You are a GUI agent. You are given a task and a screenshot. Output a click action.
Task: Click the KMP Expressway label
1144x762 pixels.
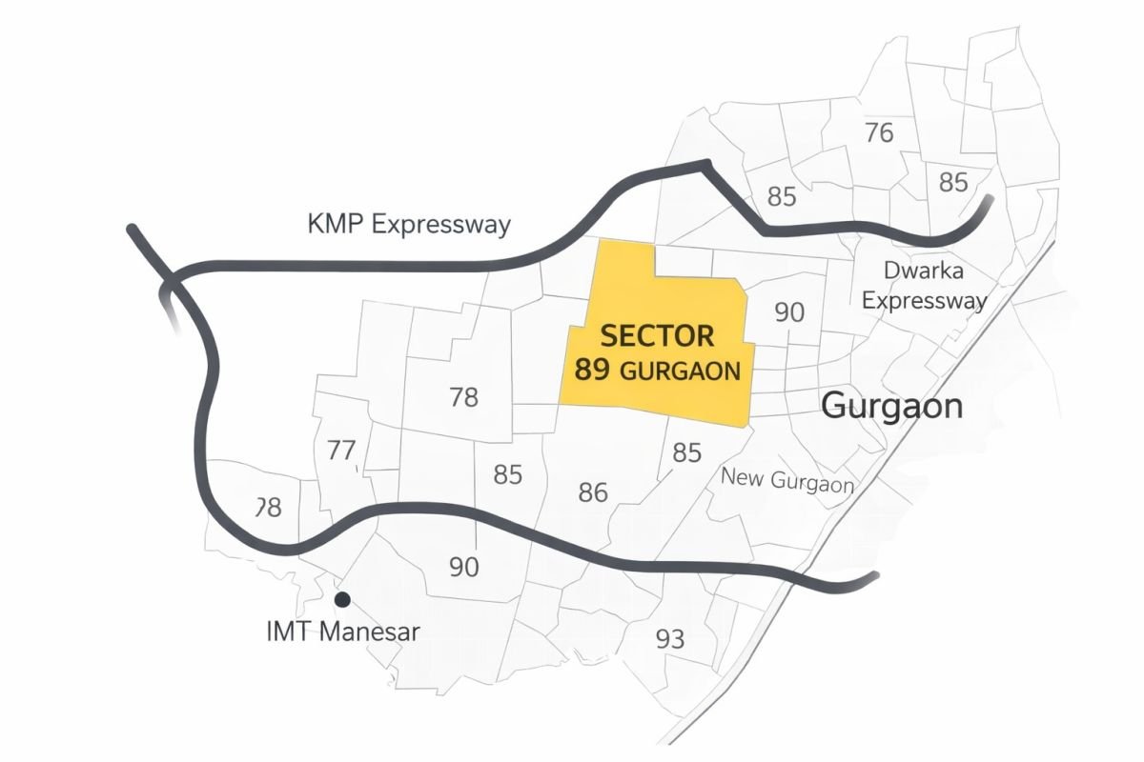409,225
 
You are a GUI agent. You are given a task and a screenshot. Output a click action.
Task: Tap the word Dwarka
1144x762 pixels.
923,270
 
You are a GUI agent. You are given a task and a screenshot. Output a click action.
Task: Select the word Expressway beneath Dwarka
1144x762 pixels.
924,301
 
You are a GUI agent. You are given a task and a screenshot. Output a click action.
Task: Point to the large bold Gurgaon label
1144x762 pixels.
891,407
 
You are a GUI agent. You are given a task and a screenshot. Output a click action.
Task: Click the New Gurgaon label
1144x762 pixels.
786,479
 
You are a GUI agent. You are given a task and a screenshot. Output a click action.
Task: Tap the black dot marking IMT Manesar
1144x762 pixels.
341,599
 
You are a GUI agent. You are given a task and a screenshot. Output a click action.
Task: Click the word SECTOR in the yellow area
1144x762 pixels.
657,336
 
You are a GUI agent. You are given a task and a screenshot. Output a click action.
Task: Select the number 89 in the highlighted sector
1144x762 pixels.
592,370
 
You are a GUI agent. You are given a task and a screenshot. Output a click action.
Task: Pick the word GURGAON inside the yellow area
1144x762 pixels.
680,371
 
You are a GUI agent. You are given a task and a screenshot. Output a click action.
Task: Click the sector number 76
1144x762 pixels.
879,132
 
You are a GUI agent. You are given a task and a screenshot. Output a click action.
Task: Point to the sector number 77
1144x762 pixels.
341,451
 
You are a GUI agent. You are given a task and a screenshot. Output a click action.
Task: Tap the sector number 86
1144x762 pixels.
593,492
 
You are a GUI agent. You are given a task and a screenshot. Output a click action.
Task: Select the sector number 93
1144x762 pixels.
670,639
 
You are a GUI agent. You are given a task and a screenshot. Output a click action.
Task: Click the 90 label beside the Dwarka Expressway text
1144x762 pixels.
789,312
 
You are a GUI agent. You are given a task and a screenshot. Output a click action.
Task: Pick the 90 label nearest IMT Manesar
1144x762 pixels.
463,567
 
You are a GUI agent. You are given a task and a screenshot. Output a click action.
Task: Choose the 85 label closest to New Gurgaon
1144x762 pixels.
686,453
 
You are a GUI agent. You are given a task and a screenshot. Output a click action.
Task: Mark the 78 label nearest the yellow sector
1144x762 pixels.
463,397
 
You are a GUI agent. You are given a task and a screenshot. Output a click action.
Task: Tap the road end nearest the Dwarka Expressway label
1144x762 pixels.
989,199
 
